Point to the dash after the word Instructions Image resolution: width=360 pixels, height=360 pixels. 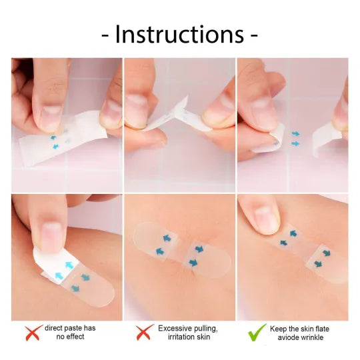pos(254,35)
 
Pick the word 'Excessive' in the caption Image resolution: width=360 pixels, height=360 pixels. pos(175,329)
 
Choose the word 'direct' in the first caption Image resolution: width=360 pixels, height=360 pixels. pos(55,329)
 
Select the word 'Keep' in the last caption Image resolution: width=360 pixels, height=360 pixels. pos(279,329)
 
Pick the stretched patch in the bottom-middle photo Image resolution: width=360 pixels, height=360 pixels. pos(177,247)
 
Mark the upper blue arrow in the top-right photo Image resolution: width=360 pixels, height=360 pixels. pos(295,133)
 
